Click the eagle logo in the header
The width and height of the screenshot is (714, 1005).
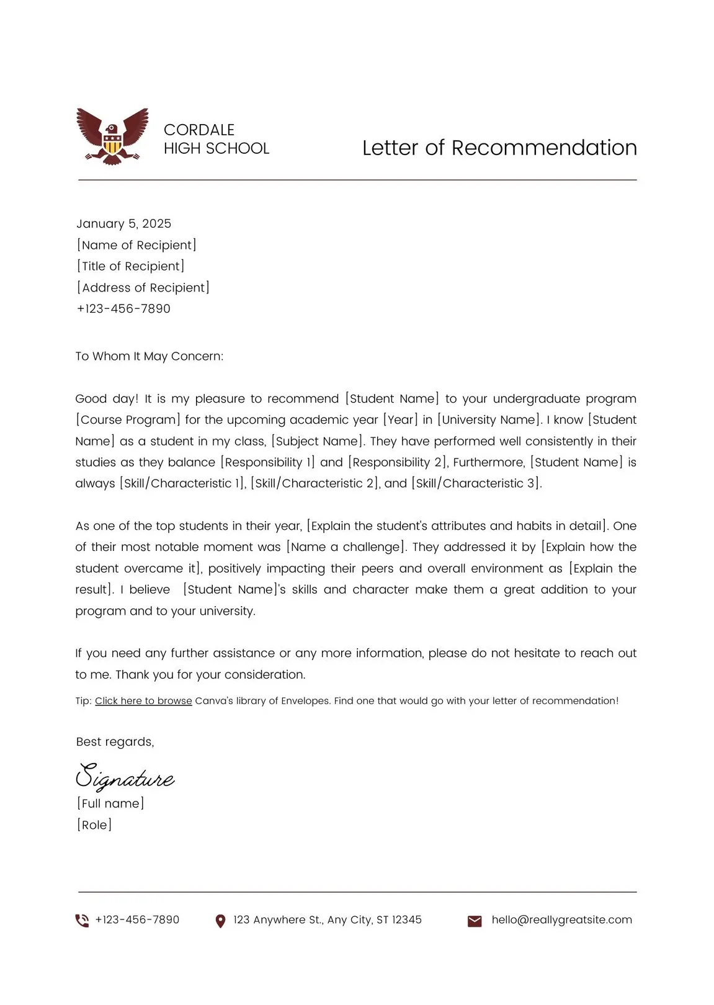click(x=112, y=136)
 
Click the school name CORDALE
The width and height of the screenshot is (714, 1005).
click(x=199, y=130)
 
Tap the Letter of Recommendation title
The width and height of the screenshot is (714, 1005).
click(x=499, y=148)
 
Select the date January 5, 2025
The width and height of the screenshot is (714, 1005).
click(x=123, y=223)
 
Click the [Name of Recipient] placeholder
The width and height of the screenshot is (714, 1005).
click(x=136, y=245)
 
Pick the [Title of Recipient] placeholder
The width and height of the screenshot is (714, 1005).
click(x=131, y=266)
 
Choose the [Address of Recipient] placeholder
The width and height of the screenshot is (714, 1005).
click(x=143, y=287)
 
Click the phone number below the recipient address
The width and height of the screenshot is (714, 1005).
click(x=123, y=308)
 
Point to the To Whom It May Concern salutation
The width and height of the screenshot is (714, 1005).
click(x=149, y=356)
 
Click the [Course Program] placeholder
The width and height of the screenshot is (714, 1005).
click(x=128, y=420)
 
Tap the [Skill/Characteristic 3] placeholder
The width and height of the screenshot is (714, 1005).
click(x=476, y=483)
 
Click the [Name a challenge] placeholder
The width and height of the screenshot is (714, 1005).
click(x=346, y=547)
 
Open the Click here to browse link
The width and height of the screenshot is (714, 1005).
click(x=143, y=701)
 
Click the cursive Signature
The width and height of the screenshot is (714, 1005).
click(x=125, y=777)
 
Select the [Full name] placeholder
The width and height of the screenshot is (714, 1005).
click(x=110, y=803)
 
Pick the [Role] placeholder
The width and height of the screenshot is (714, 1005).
click(x=94, y=824)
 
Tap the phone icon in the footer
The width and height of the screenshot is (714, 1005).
click(x=82, y=921)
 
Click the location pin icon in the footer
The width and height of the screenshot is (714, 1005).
click(x=220, y=921)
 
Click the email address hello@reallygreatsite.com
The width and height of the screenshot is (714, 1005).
click(x=561, y=920)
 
